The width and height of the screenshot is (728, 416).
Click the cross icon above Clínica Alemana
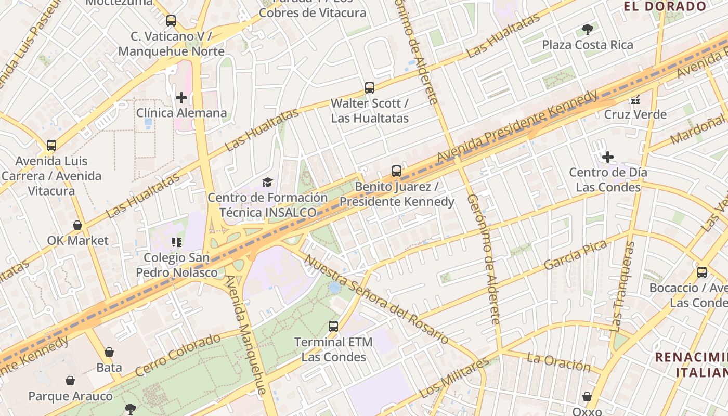(x=181, y=97)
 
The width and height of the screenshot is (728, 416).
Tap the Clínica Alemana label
(x=181, y=113)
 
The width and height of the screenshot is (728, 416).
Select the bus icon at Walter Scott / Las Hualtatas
(x=370, y=87)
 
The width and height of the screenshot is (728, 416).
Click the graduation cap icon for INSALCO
(x=267, y=182)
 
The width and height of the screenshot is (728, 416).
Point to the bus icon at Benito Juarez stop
(x=397, y=171)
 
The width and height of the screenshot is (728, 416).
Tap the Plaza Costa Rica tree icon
(x=588, y=29)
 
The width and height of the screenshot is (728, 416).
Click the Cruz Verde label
(x=635, y=114)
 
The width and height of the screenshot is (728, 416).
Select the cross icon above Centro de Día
(x=607, y=157)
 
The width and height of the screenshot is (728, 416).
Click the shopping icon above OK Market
(x=77, y=225)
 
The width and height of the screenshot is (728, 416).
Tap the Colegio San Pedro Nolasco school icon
(x=176, y=242)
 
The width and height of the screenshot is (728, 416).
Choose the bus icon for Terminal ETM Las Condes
(x=333, y=327)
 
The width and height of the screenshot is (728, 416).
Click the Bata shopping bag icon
(x=109, y=352)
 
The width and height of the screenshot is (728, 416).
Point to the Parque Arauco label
(x=70, y=396)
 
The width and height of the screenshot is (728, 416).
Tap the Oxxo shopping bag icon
(x=587, y=397)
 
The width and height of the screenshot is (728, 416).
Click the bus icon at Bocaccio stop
(x=701, y=272)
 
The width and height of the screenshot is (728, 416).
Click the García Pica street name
(x=576, y=255)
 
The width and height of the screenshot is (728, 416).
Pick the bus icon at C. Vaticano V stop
(x=171, y=21)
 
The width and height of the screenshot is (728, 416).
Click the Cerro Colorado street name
(x=178, y=355)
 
